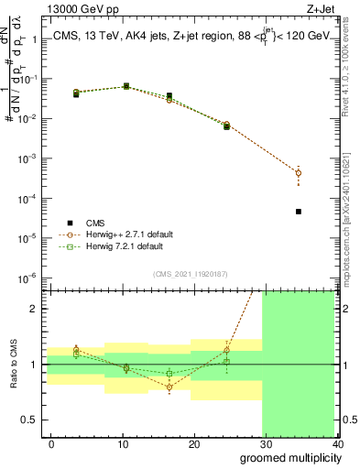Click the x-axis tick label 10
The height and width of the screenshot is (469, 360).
pyautogui.click(x=122, y=443)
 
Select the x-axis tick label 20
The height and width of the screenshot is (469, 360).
pyautogui.click(x=194, y=443)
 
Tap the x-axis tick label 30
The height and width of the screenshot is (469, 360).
pyautogui.click(x=266, y=443)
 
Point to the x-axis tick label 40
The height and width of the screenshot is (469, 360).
pyautogui.click(x=337, y=443)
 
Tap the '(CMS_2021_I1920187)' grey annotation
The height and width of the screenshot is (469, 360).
pyautogui.click(x=190, y=273)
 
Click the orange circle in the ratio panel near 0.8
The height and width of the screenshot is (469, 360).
pyautogui.click(x=169, y=387)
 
